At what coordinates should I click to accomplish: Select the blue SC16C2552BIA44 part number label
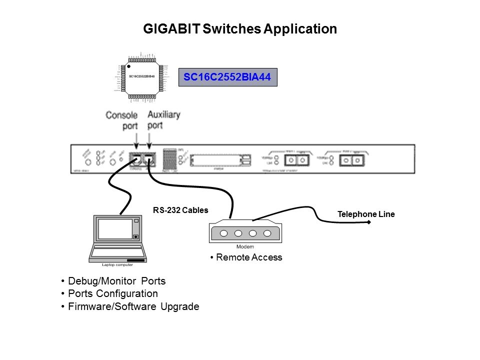point(227,77)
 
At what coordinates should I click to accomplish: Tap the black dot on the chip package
point(129,65)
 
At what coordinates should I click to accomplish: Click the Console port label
point(121,120)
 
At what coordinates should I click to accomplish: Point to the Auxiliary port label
point(163,120)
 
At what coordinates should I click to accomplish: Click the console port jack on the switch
point(135,158)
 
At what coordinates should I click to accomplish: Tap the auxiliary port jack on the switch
point(149,158)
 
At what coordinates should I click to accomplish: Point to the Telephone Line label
point(366,214)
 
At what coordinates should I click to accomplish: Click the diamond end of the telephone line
point(369,222)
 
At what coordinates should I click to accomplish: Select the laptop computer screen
point(114,228)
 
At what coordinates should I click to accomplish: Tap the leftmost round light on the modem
point(224,233)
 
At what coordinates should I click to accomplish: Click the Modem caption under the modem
point(244,247)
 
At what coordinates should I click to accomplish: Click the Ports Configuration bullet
point(112,293)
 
